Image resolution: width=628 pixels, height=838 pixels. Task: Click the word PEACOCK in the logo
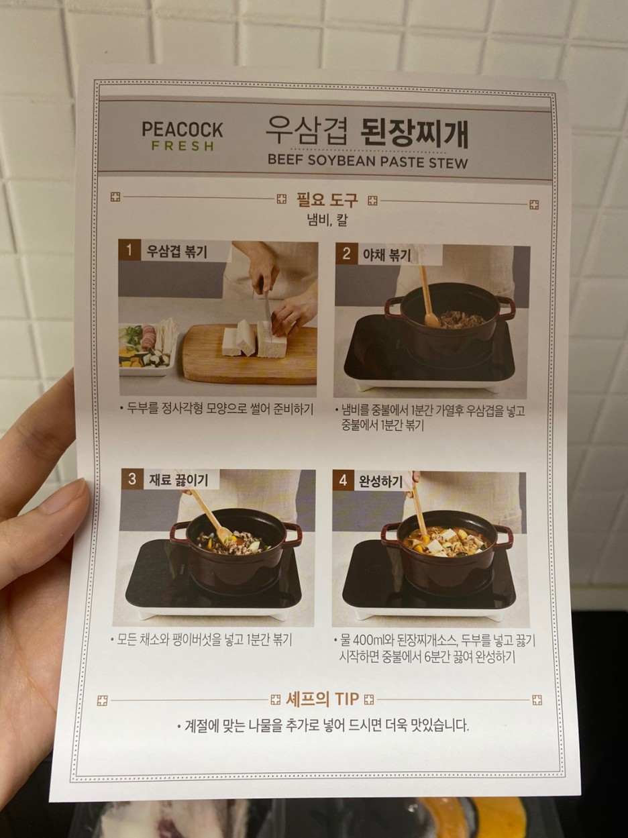tap(182, 129)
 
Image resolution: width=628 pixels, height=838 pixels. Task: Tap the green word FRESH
tap(183, 146)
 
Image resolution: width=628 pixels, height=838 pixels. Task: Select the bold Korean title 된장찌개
tap(415, 134)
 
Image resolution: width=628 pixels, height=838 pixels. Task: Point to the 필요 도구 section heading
tap(327, 200)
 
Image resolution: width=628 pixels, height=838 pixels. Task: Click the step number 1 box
tap(129, 251)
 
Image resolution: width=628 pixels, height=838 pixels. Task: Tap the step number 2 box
tap(346, 254)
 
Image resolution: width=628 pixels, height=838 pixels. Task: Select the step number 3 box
tap(132, 479)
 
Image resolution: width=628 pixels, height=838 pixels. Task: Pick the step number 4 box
tap(343, 480)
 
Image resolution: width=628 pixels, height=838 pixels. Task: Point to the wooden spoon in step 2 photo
tap(428, 298)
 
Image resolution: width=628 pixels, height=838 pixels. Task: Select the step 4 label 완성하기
tap(380, 482)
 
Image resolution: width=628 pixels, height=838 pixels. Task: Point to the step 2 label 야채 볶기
tap(387, 255)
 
